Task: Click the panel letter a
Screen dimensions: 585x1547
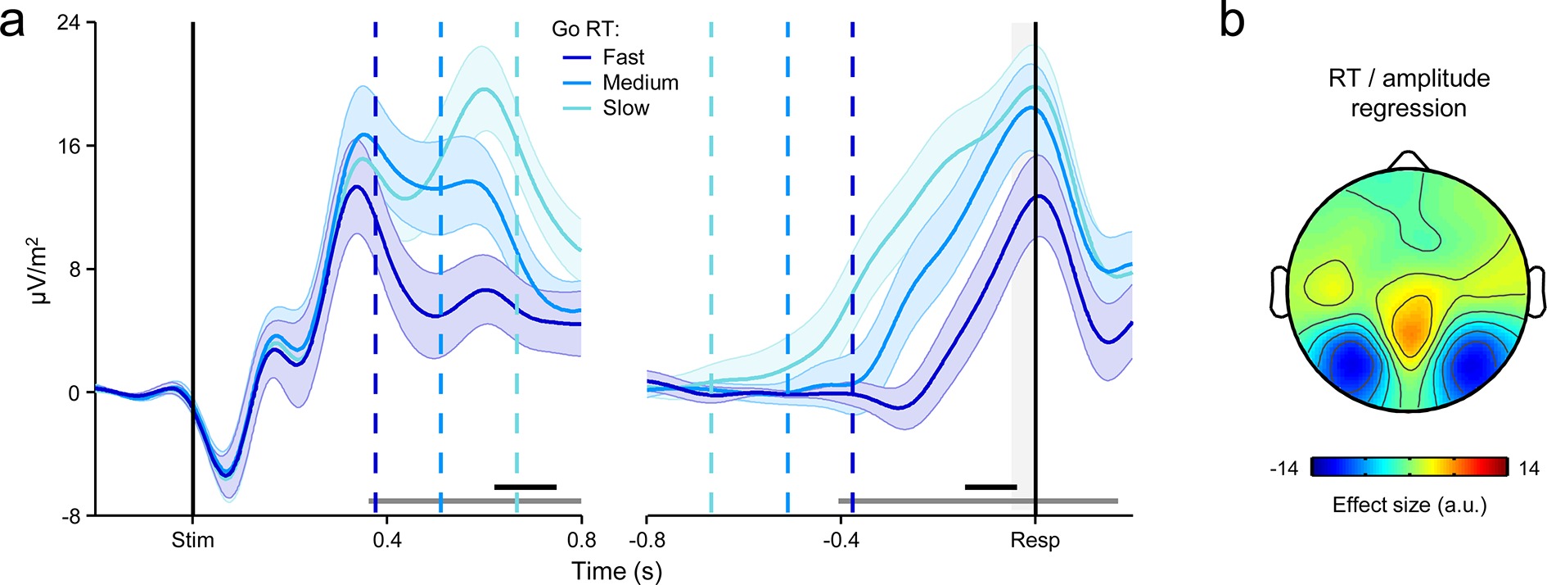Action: point(13,23)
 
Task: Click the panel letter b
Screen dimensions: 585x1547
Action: point(1232,20)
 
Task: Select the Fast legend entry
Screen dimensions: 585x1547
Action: point(623,57)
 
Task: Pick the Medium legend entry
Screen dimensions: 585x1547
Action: point(640,83)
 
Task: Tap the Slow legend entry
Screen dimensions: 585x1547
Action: point(625,108)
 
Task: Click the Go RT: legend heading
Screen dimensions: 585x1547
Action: point(585,29)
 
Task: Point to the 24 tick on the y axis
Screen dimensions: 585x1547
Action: point(69,23)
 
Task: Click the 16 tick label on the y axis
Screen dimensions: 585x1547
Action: point(69,147)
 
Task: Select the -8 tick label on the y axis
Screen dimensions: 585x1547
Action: point(69,516)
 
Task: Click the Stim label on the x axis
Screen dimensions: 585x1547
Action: point(192,541)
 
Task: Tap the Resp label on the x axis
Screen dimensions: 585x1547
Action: point(1035,541)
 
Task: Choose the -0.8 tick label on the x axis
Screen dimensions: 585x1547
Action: point(647,541)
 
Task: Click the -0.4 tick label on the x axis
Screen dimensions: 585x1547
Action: point(841,541)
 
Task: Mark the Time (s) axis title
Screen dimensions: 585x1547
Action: point(616,571)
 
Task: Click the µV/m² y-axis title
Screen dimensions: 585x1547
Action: point(39,270)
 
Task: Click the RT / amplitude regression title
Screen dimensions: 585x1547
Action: point(1408,93)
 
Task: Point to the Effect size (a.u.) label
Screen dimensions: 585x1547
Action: point(1409,505)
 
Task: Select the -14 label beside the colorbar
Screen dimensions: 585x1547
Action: point(1283,469)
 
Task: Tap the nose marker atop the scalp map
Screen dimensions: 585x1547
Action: point(1407,161)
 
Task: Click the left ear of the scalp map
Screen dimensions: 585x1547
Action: point(1279,291)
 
